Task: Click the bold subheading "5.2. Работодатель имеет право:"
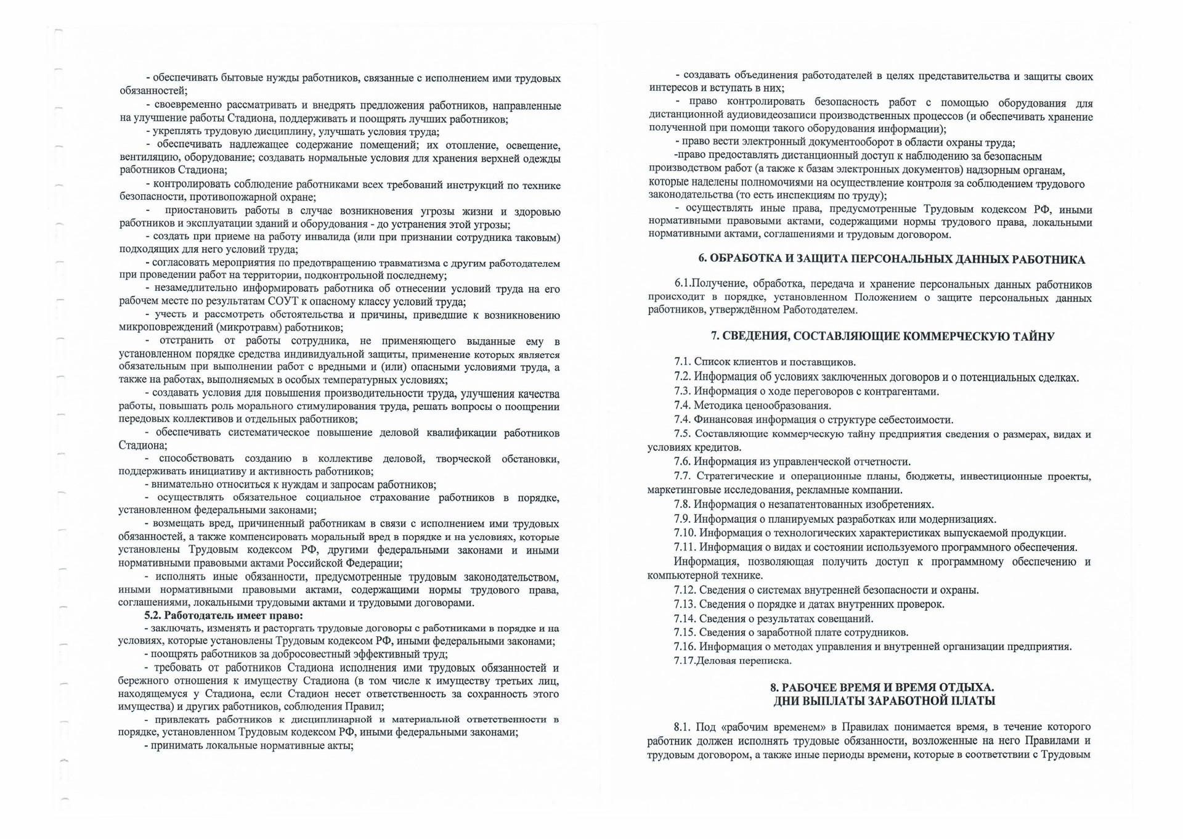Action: tap(224, 615)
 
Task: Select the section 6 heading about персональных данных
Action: tap(892, 260)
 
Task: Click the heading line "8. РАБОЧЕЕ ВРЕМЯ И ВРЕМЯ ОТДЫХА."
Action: tap(882, 687)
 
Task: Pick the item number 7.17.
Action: tap(685, 661)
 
